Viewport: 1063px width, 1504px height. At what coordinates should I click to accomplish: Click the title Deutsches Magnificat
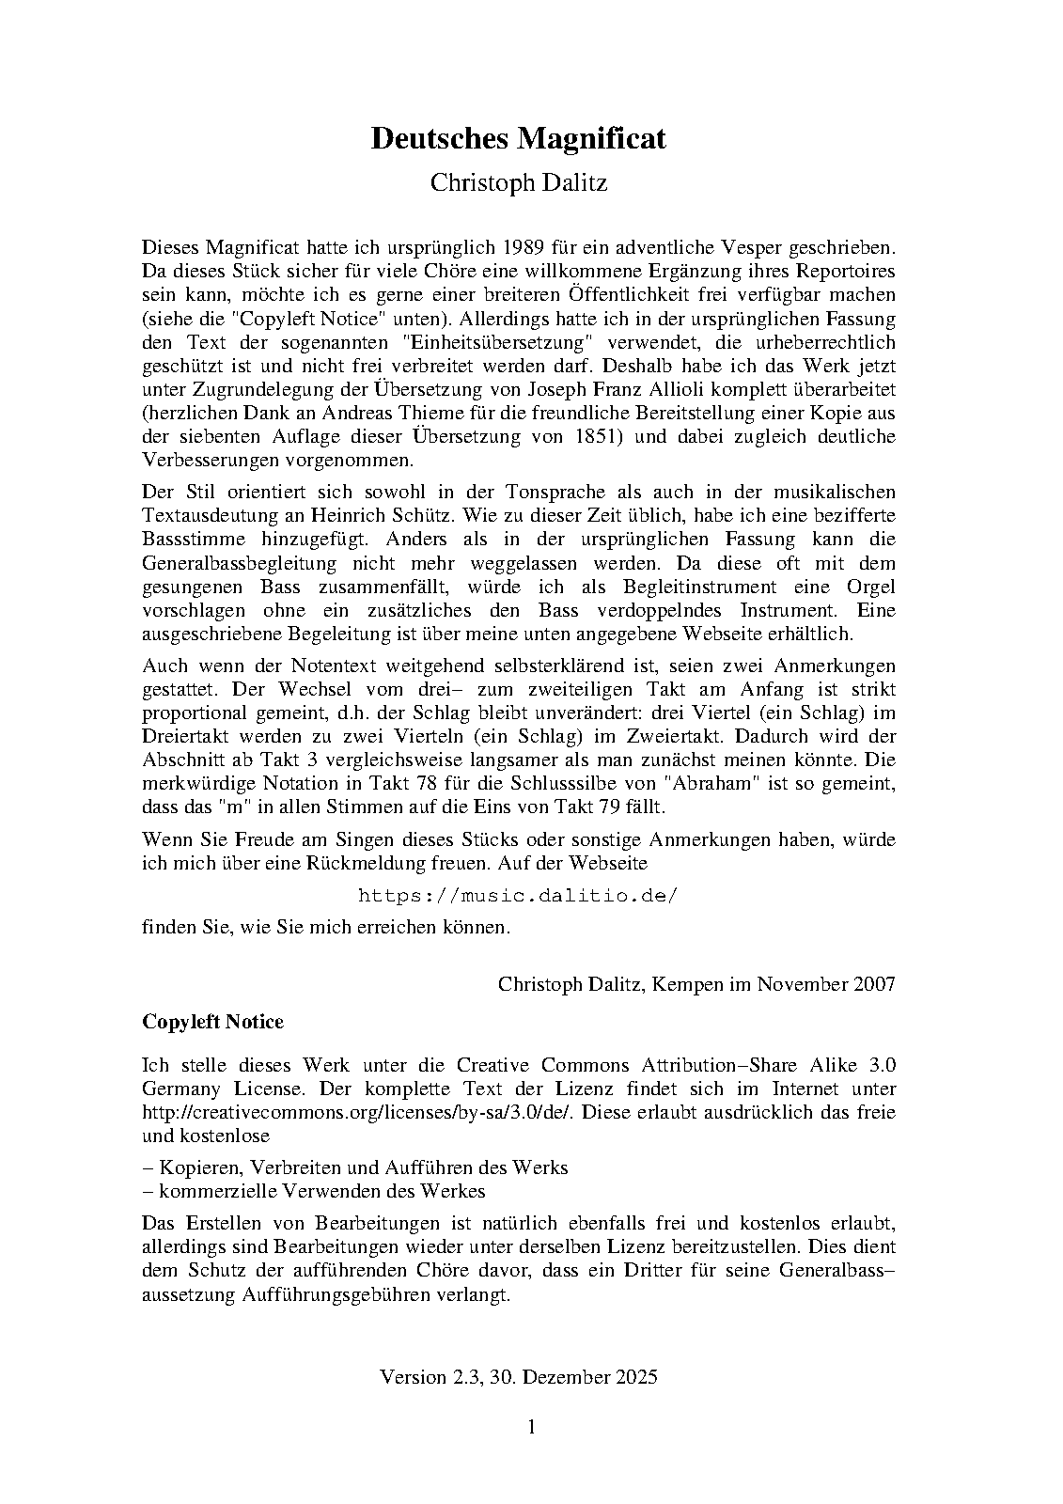pos(518,138)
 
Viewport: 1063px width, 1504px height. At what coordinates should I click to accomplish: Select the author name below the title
pos(518,182)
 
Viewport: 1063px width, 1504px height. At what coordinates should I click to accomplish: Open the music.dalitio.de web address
pos(518,895)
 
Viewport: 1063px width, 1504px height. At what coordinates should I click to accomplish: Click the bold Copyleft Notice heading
pos(212,1022)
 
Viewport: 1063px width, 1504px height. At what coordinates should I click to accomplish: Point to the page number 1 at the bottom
pos(531,1427)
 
